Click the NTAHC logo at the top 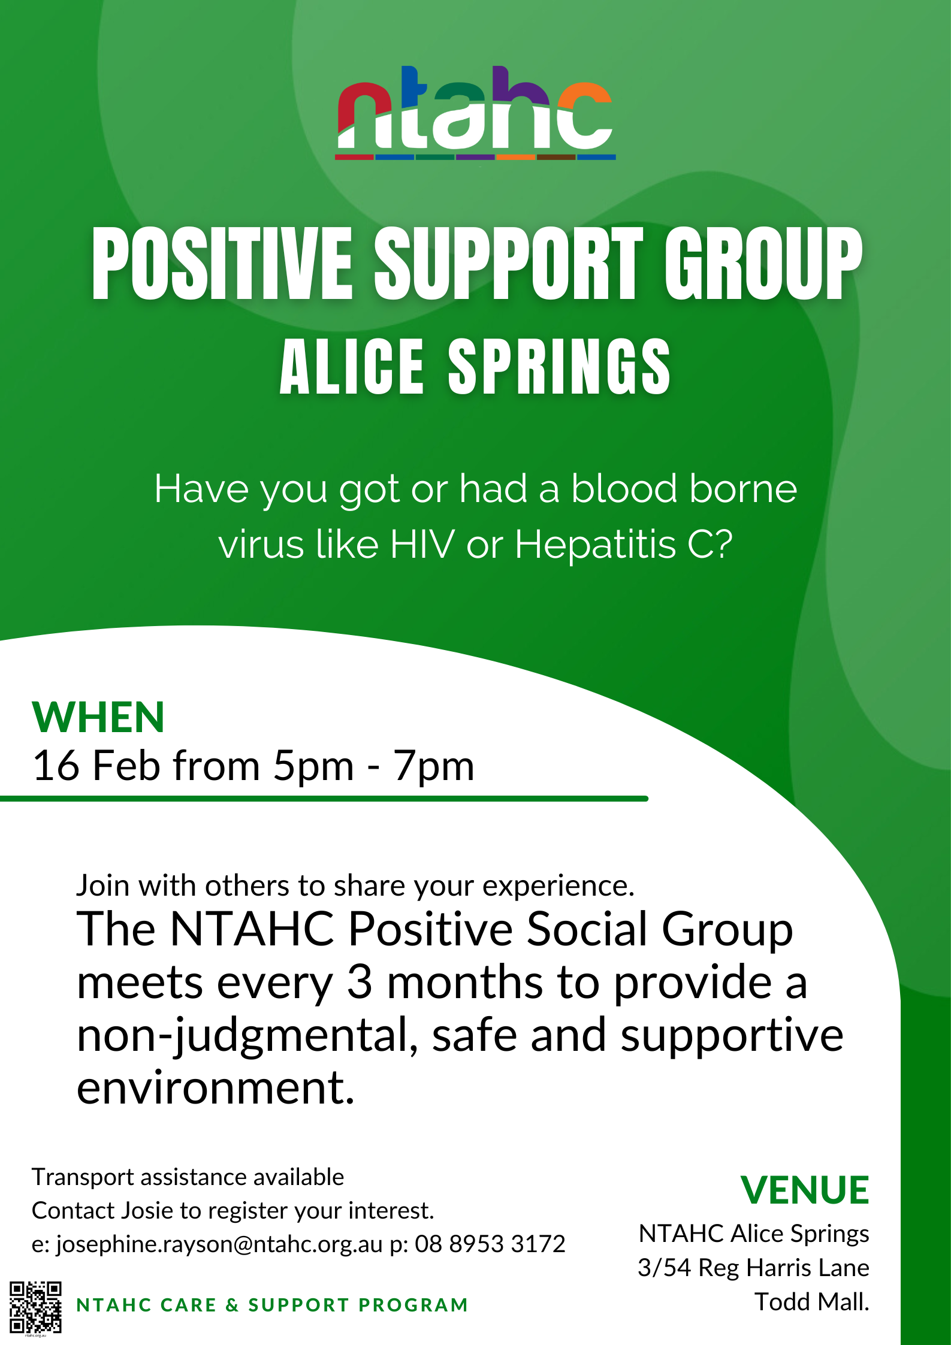pos(476,113)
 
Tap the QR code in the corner pos(35,1307)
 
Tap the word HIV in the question pos(422,544)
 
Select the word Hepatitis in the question pos(595,545)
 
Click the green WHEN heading pos(98,717)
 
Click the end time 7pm pos(434,766)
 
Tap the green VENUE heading pos(804,1190)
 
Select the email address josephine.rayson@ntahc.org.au pos(219,1244)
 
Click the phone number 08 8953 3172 pos(490,1244)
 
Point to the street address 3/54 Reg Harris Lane pos(753,1268)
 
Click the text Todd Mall pos(811,1302)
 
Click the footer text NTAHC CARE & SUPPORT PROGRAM pos(272,1305)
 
